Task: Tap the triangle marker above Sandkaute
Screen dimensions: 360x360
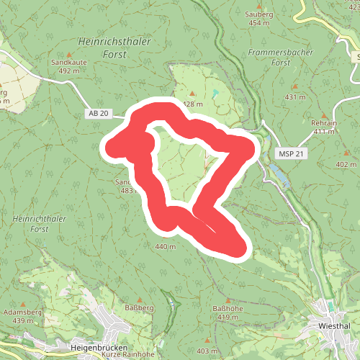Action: point(69,54)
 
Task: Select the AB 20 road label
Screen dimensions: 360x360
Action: point(99,114)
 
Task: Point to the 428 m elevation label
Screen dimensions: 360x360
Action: point(193,104)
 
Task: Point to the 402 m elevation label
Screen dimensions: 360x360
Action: point(346,164)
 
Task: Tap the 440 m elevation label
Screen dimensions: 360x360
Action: point(165,247)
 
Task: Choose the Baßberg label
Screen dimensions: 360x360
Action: point(140,307)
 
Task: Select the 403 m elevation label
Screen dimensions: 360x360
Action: point(206,349)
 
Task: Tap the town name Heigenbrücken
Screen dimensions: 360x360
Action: point(99,347)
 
